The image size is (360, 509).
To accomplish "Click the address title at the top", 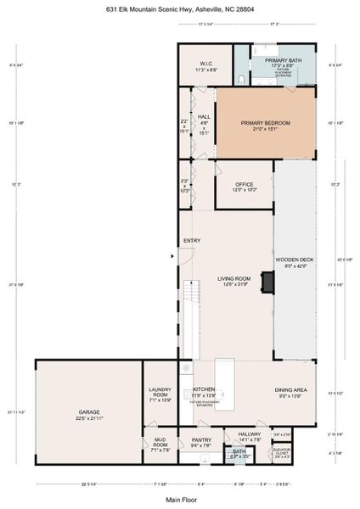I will click(179, 9).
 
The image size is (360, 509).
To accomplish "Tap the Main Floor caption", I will click(179, 499).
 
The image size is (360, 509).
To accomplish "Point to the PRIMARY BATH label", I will click(283, 60).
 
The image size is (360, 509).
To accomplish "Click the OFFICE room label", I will click(245, 186).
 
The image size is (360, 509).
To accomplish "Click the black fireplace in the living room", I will click(267, 282).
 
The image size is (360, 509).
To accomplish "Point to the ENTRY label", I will click(191, 241).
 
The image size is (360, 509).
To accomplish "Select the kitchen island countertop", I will click(224, 383).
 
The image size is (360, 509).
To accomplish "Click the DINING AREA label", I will click(290, 391).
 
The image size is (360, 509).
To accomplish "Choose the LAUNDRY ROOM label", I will click(160, 392).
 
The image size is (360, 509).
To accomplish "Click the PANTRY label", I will click(201, 440).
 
